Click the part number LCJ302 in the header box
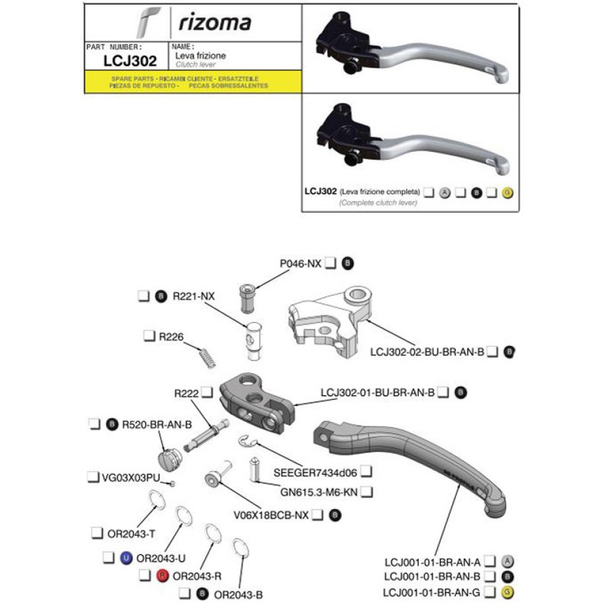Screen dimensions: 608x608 pos(130,61)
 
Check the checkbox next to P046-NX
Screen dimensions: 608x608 pos(330,264)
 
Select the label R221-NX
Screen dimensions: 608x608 pos(194,296)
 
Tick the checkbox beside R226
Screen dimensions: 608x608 pos(149,335)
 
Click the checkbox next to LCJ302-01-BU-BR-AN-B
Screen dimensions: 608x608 pos(443,393)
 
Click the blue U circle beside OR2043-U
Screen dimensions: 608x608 pos(125,558)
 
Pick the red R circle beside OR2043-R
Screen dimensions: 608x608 pos(162,576)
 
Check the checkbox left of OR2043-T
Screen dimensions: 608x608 pos(97,533)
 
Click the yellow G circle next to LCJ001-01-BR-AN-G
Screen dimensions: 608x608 pos(507,593)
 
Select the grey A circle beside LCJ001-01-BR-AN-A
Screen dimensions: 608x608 pos(507,561)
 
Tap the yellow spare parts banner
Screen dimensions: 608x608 pos(193,82)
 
